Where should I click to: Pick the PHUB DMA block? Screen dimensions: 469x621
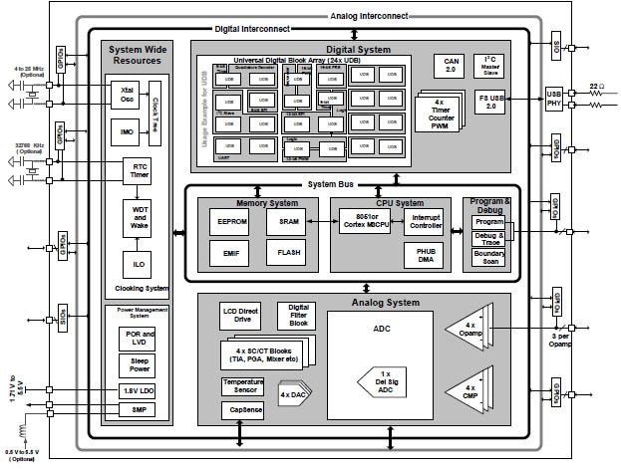click(x=426, y=255)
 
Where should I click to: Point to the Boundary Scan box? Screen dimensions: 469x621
click(x=488, y=257)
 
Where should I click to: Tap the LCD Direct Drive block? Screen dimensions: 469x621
click(x=240, y=316)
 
